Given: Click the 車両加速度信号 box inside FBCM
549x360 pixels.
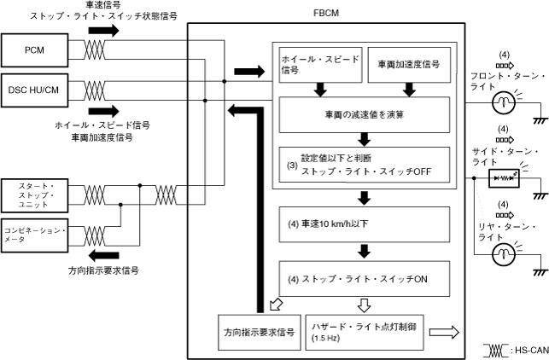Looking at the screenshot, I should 408,66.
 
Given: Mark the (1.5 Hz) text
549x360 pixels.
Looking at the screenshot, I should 327,339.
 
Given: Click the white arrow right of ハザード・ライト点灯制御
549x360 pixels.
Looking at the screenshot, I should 444,332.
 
